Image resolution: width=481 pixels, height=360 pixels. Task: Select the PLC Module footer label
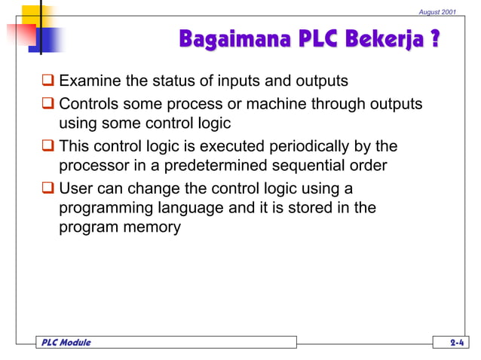click(x=64, y=343)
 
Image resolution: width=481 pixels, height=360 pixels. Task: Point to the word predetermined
click(x=196, y=165)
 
